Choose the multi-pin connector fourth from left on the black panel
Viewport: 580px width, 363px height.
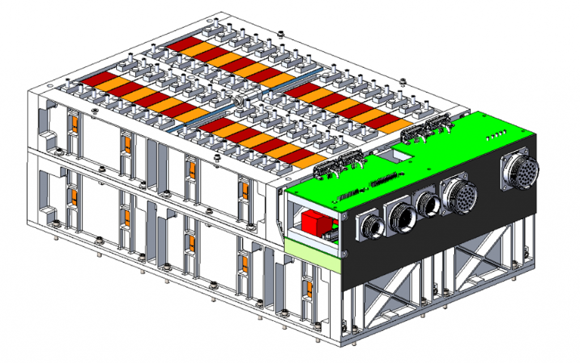[460, 195]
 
